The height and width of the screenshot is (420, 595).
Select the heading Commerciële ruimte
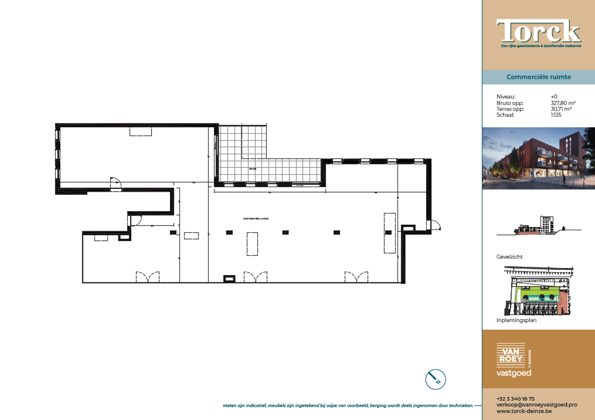[x=538, y=77]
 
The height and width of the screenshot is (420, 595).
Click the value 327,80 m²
[x=563, y=103]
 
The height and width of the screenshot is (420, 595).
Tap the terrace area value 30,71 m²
[x=561, y=109]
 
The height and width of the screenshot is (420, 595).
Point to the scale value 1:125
[x=556, y=115]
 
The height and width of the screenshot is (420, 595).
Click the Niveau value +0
[x=554, y=97]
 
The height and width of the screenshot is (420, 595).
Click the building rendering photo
[x=538, y=158]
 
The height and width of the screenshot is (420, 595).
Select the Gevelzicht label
[x=509, y=257]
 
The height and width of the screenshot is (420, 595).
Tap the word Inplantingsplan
[x=516, y=320]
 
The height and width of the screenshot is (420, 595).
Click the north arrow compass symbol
[x=436, y=379]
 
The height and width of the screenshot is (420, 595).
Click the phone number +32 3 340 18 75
[x=515, y=399]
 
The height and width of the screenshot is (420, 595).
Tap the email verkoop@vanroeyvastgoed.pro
[x=537, y=405]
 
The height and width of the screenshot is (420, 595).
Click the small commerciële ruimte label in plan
[x=256, y=218]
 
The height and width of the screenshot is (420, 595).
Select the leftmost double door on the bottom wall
[x=148, y=277]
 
